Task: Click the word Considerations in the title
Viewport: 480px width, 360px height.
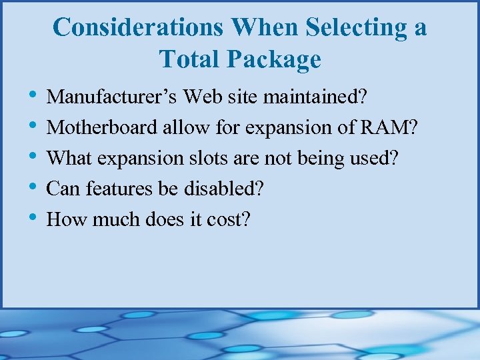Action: tap(137, 28)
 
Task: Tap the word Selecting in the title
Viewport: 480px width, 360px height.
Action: tap(358, 28)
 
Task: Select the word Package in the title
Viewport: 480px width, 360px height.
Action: tap(274, 60)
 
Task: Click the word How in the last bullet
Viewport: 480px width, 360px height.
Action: tap(65, 219)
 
